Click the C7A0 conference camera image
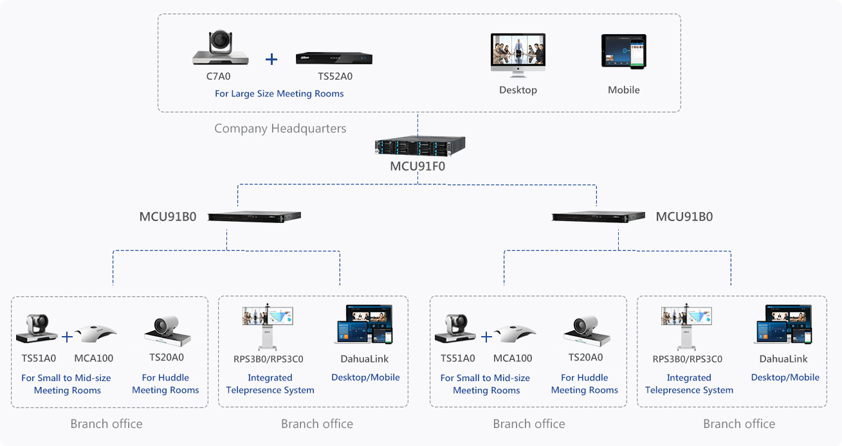[221, 48]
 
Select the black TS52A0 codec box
[334, 58]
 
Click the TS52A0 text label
[335, 76]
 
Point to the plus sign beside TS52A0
[271, 59]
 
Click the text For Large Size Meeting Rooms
[279, 94]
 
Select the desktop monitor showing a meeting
[518, 51]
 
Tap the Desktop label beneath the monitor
[518, 90]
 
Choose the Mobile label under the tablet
[624, 90]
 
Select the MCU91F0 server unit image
[419, 147]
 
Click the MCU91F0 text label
[418, 166]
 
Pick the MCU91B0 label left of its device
[168, 217]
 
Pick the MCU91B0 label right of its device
[684, 217]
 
